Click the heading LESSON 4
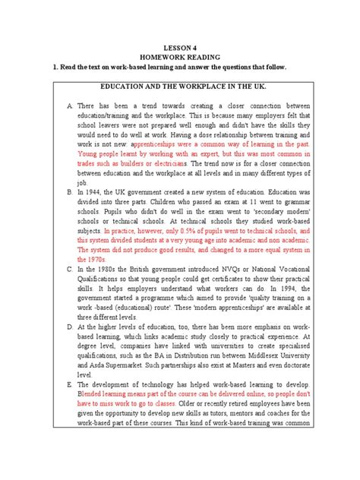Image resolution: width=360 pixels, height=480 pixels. (180, 47)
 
